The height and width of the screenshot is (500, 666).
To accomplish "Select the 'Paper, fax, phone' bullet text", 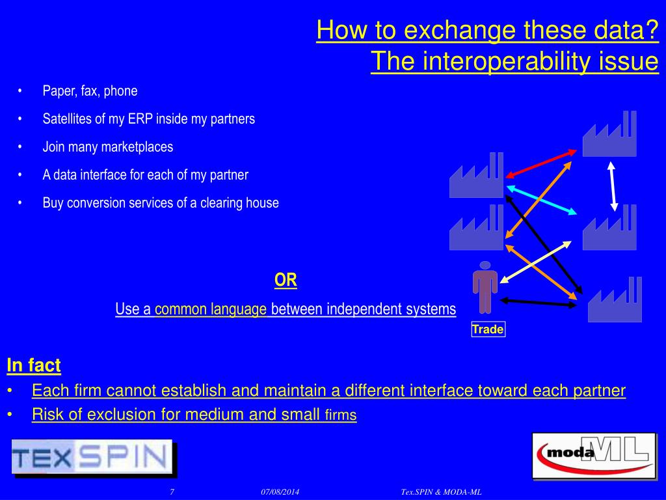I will tap(90, 91).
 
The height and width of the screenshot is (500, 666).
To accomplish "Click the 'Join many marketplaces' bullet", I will tap(108, 147).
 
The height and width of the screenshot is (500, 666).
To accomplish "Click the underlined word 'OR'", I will tap(286, 281).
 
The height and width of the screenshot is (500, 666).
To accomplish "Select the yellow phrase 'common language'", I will tap(211, 309).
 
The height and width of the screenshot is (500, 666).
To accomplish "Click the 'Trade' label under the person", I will tap(488, 329).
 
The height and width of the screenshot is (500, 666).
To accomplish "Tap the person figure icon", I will tap(485, 287).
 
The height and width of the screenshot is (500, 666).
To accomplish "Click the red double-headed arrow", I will tap(541, 163).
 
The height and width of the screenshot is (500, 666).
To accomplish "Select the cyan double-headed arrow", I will tap(542, 199).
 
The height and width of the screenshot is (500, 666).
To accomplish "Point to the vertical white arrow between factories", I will tap(612, 185).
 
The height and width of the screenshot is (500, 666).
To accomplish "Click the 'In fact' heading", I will tap(34, 366).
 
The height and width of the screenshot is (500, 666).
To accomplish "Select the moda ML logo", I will tap(594, 455).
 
